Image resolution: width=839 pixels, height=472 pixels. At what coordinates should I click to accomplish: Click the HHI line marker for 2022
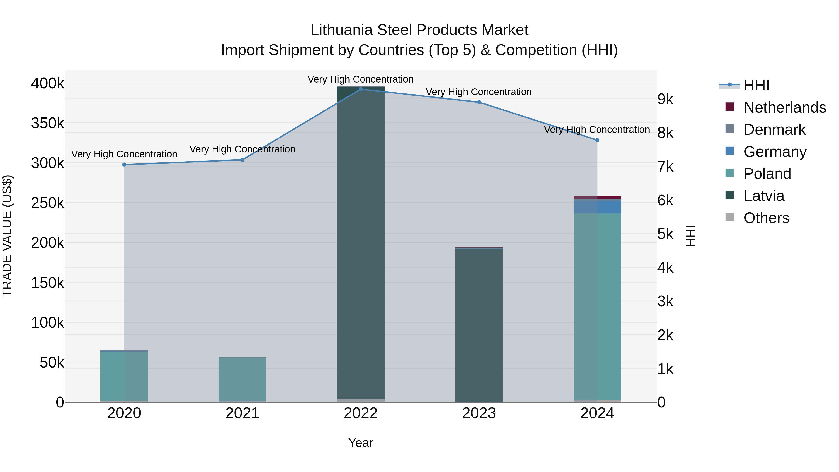[361, 89]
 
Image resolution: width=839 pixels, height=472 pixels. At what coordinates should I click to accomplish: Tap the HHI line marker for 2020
[124, 165]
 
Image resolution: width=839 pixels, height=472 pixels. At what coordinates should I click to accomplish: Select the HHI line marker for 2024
[597, 140]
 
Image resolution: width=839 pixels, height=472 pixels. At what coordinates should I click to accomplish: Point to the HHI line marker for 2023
[479, 102]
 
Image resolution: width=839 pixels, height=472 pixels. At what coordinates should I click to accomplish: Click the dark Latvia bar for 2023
[479, 326]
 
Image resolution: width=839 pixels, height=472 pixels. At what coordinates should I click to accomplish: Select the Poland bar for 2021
[242, 379]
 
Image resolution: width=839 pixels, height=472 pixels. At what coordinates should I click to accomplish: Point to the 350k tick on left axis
[48, 124]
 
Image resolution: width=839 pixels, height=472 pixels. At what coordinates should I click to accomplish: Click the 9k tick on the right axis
[665, 99]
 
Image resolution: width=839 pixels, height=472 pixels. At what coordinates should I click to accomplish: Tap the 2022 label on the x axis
[361, 413]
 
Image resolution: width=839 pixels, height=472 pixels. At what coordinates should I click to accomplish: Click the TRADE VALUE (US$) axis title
[7, 236]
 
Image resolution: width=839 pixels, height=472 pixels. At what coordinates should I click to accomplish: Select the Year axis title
[361, 443]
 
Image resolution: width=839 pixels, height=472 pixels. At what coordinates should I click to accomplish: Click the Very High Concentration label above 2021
[242, 149]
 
